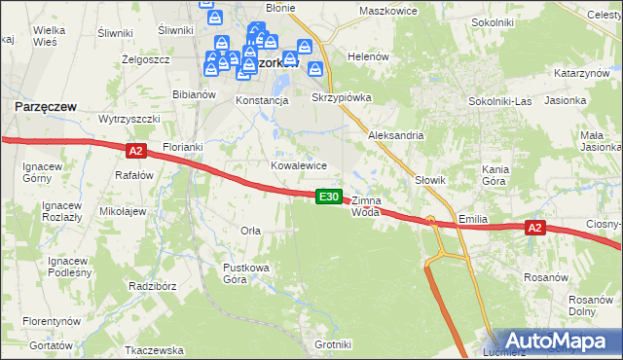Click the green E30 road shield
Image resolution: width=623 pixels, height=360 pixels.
(330, 197)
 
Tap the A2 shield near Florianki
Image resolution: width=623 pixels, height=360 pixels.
(135, 150)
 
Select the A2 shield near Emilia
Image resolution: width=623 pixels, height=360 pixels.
(533, 228)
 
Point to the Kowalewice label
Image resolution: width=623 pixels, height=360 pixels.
(298, 165)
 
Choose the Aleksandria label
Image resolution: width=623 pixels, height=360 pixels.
(395, 135)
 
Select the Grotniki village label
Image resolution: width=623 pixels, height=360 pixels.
(333, 344)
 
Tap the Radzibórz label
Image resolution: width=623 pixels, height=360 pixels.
(151, 287)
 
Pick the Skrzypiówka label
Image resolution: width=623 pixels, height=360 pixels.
(341, 99)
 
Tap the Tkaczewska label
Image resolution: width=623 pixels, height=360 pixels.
(155, 349)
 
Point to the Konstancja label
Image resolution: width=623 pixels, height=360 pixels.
(262, 100)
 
